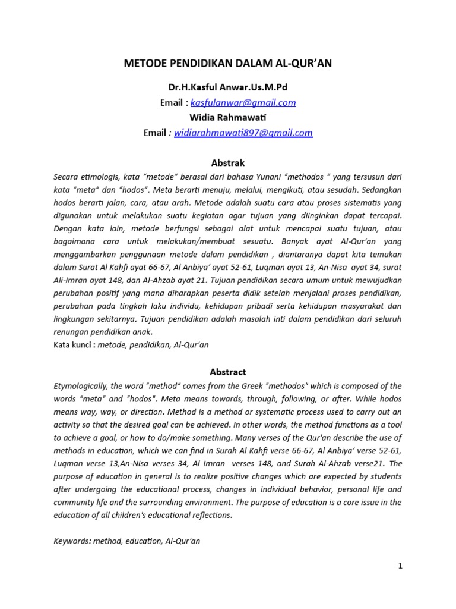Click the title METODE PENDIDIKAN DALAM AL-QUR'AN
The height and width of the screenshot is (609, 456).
(x=227, y=64)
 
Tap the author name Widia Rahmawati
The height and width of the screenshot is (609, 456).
(x=228, y=117)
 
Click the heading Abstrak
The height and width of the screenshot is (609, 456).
(x=228, y=162)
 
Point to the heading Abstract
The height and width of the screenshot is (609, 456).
(x=228, y=372)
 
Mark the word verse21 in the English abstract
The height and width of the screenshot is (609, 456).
(x=371, y=463)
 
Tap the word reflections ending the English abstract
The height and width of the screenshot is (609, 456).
(x=208, y=515)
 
